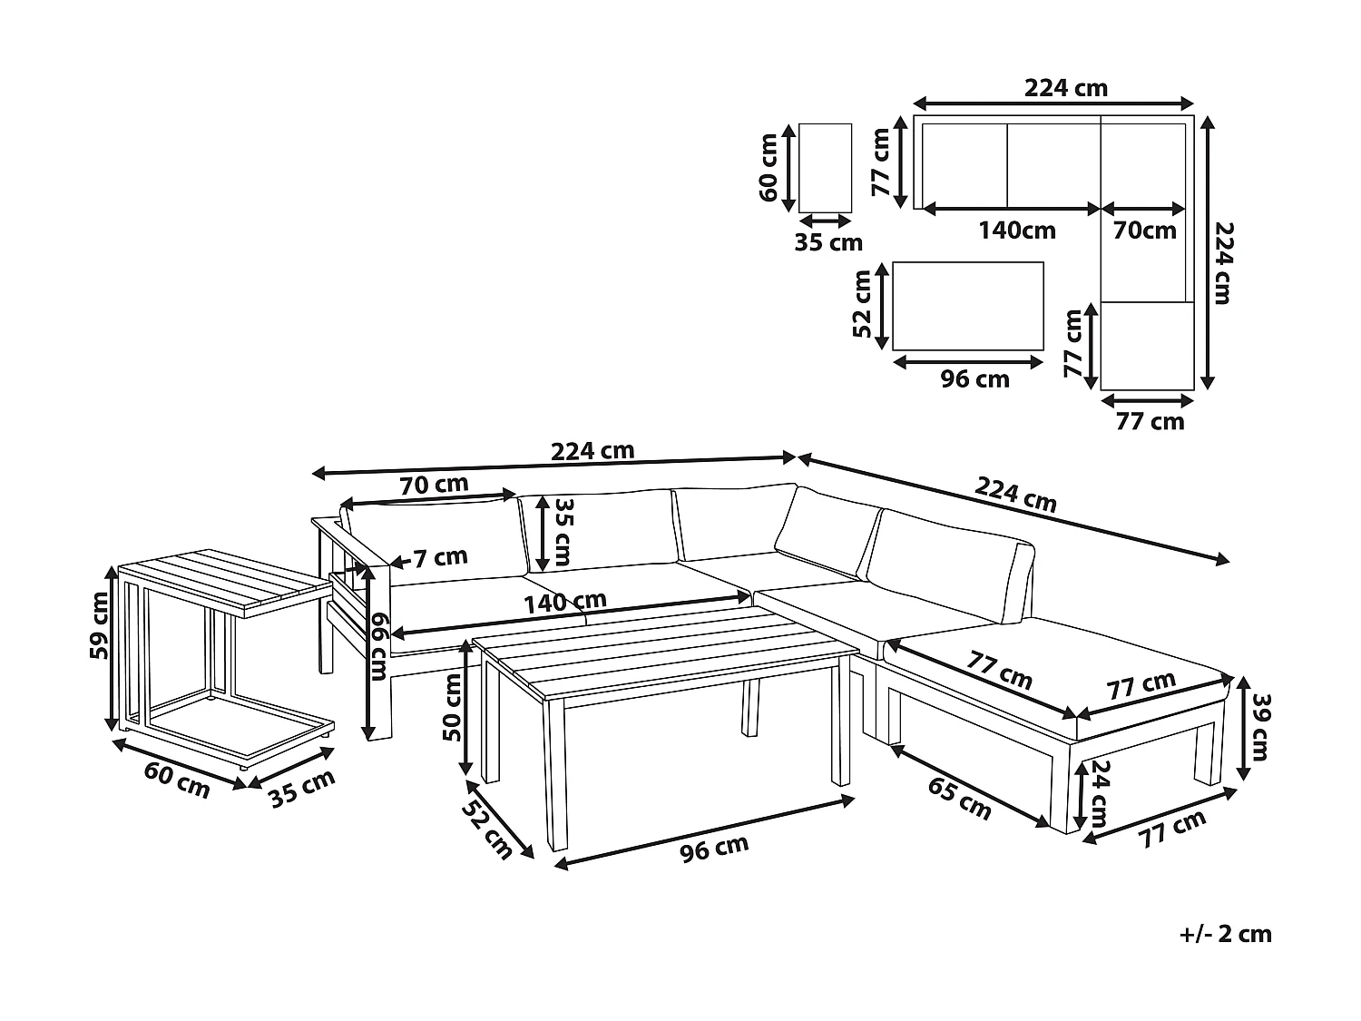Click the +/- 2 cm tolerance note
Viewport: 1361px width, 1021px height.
point(1224,934)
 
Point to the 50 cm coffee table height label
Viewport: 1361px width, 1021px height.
point(451,707)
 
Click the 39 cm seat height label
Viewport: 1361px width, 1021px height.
point(1258,727)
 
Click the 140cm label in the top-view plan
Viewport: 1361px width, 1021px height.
point(1016,231)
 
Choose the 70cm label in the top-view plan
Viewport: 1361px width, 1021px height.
point(1144,231)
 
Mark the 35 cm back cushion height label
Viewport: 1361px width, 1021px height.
point(563,533)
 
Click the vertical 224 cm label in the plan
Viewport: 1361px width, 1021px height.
point(1223,263)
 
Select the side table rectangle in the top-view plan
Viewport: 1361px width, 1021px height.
point(825,167)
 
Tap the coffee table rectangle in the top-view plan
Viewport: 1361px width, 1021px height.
point(968,306)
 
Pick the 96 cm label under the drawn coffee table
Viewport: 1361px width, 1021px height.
point(715,848)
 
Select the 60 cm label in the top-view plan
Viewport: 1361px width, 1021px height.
point(769,167)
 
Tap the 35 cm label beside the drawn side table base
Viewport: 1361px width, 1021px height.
point(302,787)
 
